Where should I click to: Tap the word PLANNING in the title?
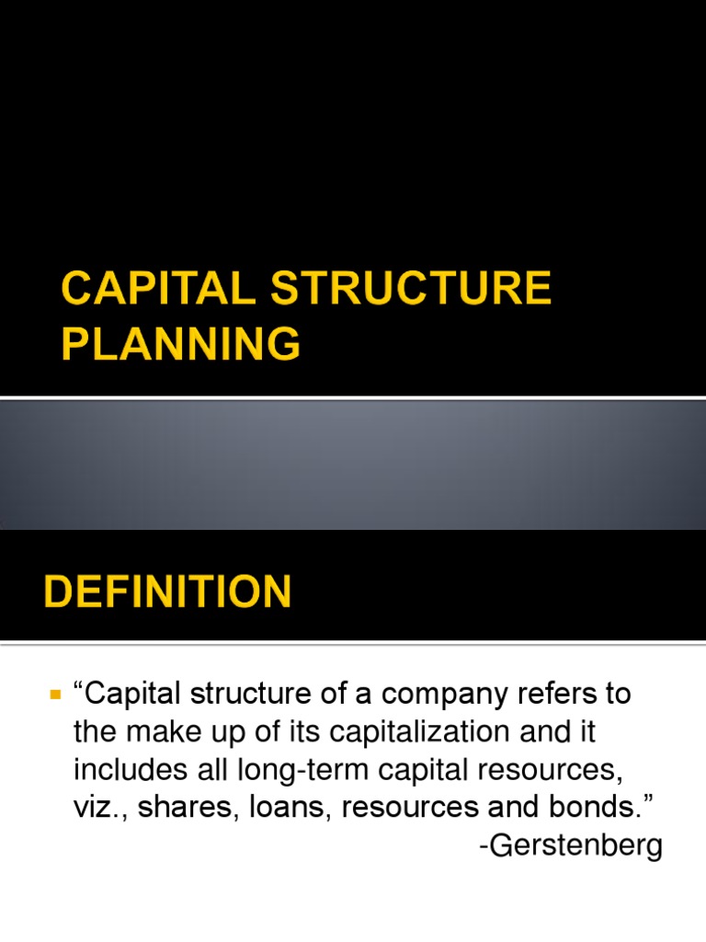181,344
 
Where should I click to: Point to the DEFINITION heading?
168,592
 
